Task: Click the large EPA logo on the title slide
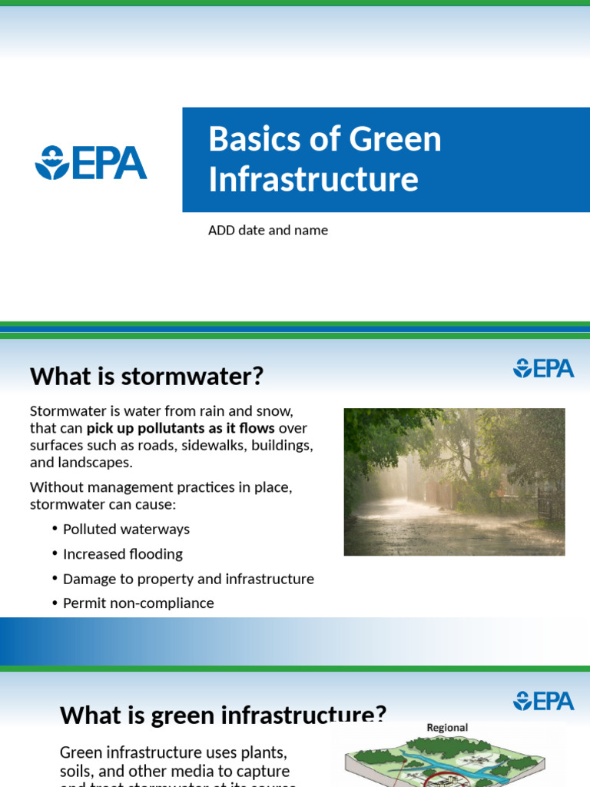(91, 163)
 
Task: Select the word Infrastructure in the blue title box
(313, 179)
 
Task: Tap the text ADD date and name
(268, 230)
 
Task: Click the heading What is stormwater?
(146, 376)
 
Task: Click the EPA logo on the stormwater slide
(543, 368)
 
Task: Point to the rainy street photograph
(454, 482)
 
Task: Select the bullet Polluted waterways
(126, 529)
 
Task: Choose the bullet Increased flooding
(123, 553)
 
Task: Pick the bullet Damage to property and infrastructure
(188, 579)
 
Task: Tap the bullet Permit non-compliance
(138, 603)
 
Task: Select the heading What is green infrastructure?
(223, 715)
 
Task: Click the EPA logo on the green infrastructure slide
(543, 700)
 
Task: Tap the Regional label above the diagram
(447, 728)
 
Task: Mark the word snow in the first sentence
(276, 411)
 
